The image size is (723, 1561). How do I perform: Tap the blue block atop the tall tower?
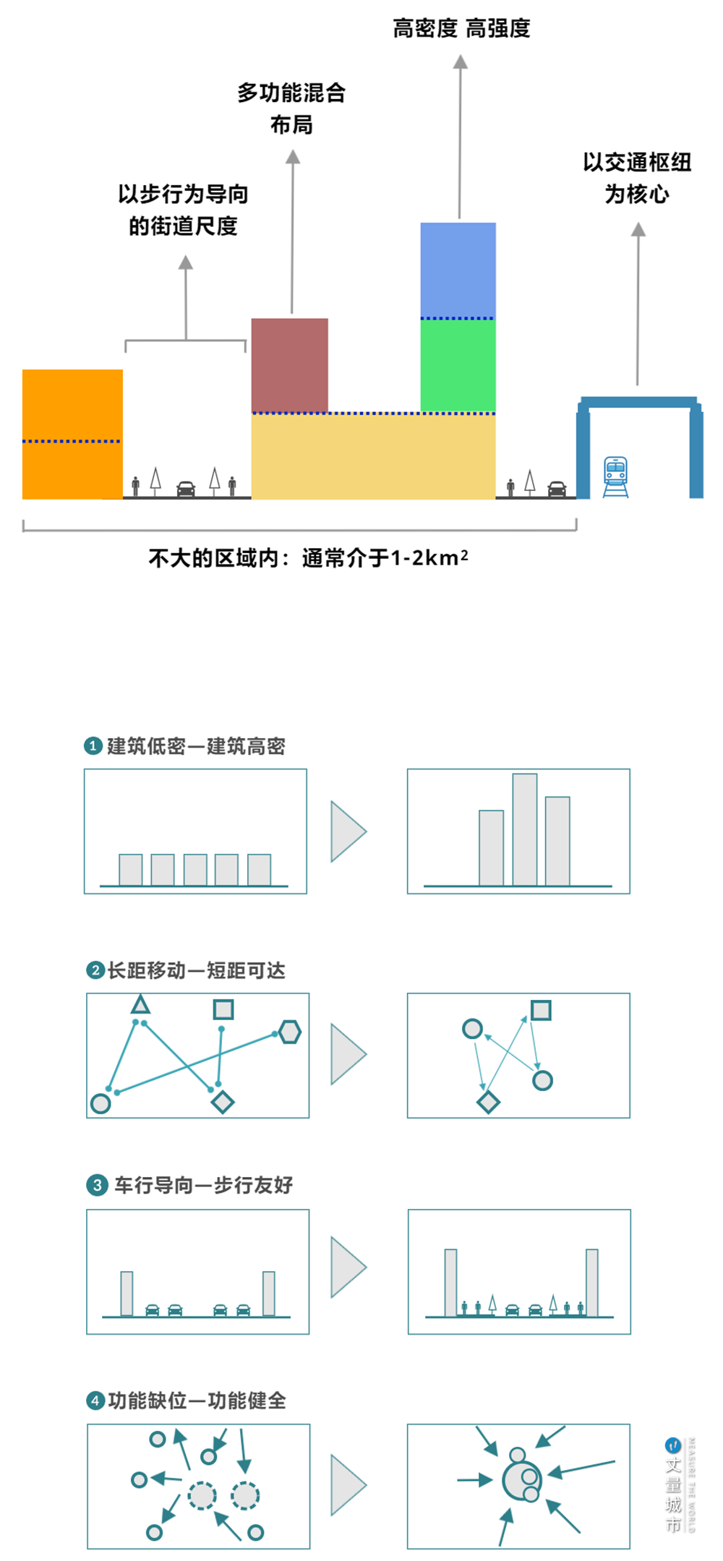458,269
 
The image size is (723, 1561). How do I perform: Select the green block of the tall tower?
458,365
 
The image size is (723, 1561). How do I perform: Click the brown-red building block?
289,364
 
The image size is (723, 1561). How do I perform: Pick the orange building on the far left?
72,434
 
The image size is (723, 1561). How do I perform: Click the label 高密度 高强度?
461,28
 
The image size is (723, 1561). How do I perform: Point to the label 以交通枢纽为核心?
637,178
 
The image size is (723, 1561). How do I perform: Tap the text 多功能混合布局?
291,108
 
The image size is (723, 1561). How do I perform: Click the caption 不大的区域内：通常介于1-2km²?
308,558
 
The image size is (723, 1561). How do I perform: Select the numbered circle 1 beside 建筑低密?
93,745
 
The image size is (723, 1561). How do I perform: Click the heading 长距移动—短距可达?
196,970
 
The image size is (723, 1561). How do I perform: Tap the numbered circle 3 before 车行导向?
97,1185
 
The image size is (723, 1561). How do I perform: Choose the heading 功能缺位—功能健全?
197,1400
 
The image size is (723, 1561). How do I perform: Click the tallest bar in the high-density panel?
525,829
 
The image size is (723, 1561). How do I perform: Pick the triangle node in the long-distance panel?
140,1004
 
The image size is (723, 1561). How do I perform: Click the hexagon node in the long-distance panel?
290,1032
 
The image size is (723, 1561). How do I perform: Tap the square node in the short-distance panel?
541,1010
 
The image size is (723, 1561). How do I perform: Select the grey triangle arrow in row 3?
348,1267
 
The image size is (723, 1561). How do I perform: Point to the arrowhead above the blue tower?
461,61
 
